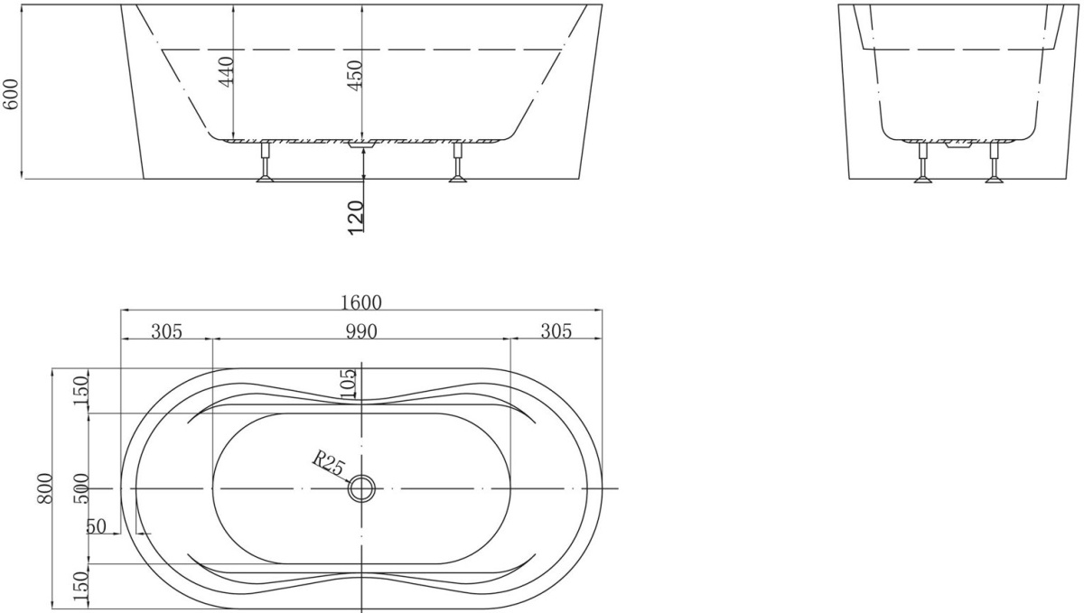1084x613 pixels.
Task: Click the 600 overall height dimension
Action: tap(11, 94)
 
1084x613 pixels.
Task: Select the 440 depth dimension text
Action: tap(227, 72)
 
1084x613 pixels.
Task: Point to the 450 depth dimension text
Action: tap(355, 75)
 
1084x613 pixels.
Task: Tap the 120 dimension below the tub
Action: tap(356, 218)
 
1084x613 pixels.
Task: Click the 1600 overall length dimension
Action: tap(361, 302)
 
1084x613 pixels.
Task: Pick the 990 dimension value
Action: tap(361, 332)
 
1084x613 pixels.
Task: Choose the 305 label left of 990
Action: tap(166, 332)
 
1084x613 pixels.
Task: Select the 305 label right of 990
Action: tap(556, 332)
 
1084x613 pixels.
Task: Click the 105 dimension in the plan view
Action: tap(349, 385)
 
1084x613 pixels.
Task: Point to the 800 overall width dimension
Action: tap(44, 488)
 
